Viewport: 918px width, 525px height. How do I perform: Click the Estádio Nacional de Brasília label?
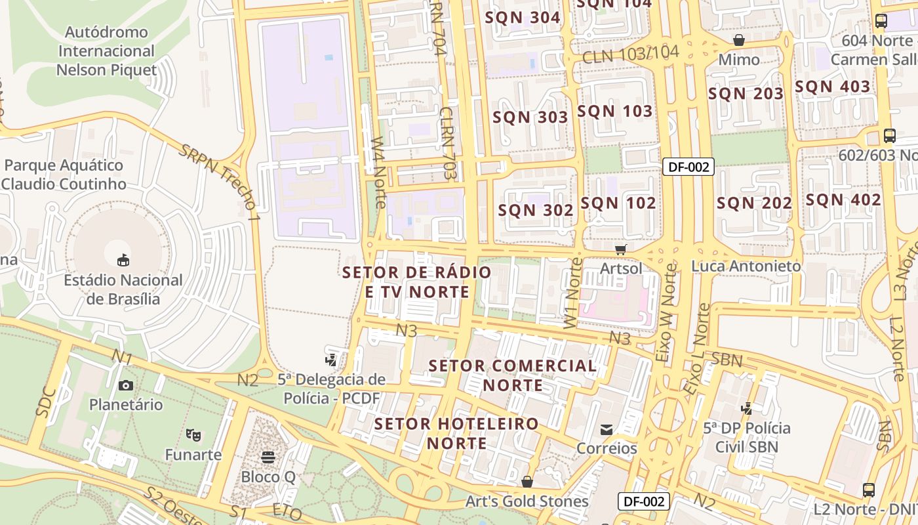[123, 289]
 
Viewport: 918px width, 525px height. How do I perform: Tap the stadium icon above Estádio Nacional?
[123, 261]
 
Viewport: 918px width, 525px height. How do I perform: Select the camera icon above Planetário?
[126, 385]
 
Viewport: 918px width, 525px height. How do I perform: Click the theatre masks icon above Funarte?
[193, 434]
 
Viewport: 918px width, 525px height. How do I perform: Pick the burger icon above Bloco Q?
[268, 457]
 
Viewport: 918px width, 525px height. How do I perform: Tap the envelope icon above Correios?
[607, 430]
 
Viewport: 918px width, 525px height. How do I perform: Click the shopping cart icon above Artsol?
[621, 249]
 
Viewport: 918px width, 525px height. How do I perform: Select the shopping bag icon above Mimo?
[739, 40]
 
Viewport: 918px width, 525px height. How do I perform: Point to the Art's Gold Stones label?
[527, 501]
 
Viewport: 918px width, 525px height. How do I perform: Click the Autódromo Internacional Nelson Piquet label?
[106, 51]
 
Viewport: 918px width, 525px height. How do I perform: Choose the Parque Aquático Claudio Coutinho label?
[64, 175]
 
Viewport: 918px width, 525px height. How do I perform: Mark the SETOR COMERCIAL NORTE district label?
[513, 375]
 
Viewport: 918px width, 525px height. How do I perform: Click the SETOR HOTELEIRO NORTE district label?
[456, 433]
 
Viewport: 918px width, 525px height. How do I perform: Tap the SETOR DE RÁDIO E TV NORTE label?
[417, 282]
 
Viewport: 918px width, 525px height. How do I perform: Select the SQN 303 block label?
[530, 117]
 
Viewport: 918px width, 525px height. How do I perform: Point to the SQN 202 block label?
[755, 203]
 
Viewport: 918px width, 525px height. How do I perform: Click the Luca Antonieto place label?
[746, 266]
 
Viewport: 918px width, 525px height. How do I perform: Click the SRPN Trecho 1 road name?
[220, 178]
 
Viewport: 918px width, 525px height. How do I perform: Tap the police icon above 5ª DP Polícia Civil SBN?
[746, 408]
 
